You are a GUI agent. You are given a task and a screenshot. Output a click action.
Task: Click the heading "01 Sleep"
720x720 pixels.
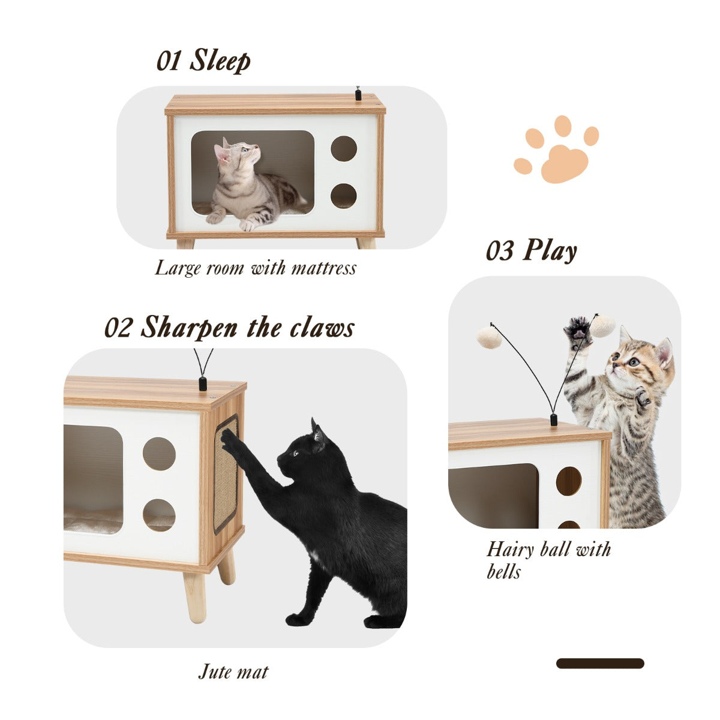click(203, 61)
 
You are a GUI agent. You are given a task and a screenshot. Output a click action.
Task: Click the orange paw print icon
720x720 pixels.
click(556, 149)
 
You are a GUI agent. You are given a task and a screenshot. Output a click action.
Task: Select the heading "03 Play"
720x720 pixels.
click(532, 250)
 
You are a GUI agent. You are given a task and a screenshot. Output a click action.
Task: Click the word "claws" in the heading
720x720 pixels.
click(322, 328)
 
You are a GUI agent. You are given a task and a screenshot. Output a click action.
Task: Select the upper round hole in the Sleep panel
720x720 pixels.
click(344, 149)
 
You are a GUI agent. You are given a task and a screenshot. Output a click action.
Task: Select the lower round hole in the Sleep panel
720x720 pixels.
click(344, 196)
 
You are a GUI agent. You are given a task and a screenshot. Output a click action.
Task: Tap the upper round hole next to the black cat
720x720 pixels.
click(159, 454)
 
